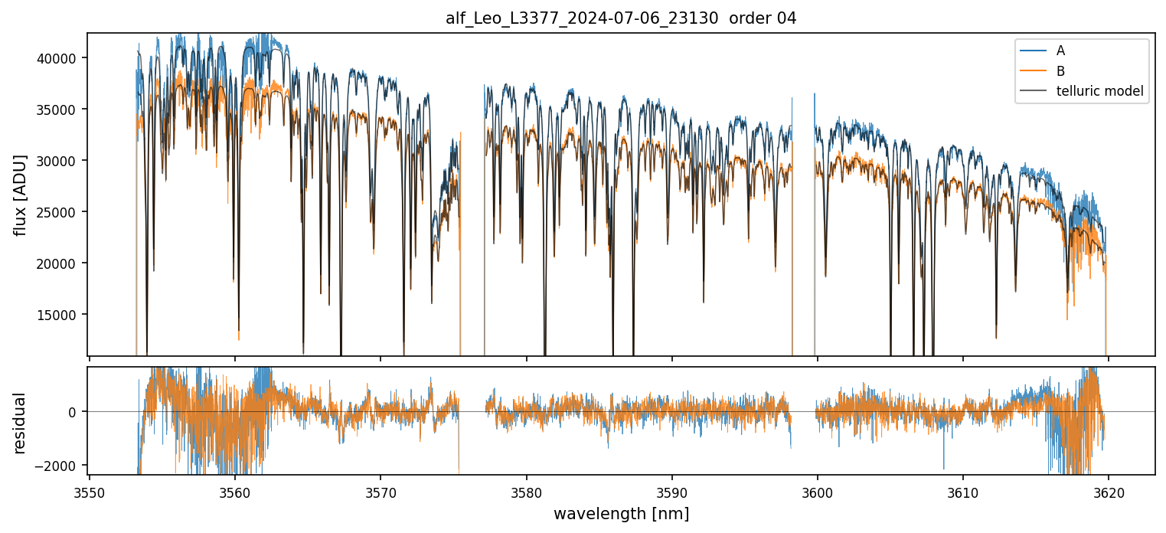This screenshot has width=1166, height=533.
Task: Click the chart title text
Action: (x=621, y=18)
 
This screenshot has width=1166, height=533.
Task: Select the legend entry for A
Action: (x=1060, y=51)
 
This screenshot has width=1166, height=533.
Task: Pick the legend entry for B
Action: (x=1060, y=71)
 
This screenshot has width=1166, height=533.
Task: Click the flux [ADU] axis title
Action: (x=20, y=195)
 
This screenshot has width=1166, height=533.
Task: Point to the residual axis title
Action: (x=20, y=423)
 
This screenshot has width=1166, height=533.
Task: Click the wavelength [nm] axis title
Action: (x=621, y=514)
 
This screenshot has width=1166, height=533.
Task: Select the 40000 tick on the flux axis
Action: (x=55, y=58)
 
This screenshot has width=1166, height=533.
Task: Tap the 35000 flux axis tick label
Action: (x=55, y=110)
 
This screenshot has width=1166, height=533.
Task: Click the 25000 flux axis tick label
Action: (x=55, y=212)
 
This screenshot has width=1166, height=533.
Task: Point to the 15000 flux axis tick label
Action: (x=55, y=315)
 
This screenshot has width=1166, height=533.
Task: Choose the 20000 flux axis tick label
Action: (x=55, y=263)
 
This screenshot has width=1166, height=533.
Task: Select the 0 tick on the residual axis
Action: (x=72, y=412)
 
